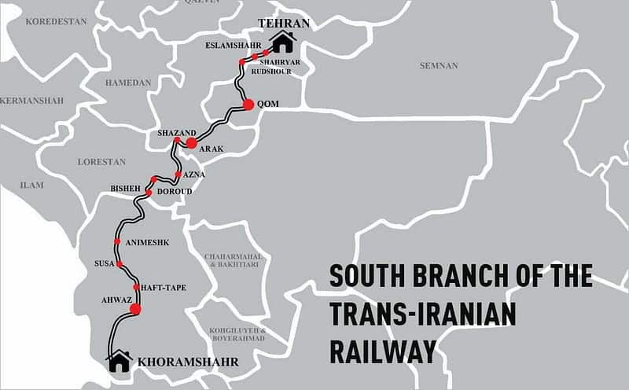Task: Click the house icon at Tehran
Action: (283, 42)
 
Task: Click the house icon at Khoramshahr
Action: (120, 361)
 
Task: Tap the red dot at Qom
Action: (248, 104)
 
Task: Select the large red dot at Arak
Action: (191, 143)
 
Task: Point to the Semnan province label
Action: (439, 65)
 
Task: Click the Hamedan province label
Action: (127, 81)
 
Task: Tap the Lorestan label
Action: (101, 161)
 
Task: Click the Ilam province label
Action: (32, 186)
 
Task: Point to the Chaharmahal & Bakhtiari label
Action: (232, 261)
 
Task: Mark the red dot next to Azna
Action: (178, 175)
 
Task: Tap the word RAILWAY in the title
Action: (383, 350)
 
